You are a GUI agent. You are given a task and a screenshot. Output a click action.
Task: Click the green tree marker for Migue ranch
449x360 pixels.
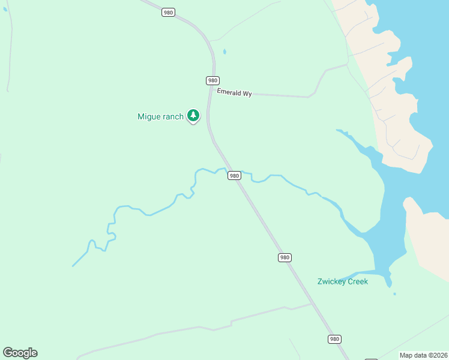pyautogui.click(x=193, y=115)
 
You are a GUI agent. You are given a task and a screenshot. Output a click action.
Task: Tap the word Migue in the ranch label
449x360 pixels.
pyautogui.click(x=149, y=117)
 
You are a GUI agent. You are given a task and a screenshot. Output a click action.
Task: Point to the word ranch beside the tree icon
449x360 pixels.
pyautogui.click(x=173, y=117)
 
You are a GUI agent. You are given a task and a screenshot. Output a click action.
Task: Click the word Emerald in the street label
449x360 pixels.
pyautogui.click(x=229, y=92)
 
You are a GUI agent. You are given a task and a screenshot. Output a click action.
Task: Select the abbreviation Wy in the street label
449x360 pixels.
pyautogui.click(x=247, y=94)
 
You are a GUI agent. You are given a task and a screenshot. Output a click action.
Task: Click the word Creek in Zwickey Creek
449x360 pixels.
pyautogui.click(x=358, y=281)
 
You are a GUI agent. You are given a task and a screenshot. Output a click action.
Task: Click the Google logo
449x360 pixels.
pyautogui.click(x=20, y=353)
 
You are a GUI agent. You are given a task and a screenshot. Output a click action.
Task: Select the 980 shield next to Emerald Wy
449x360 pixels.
pyautogui.click(x=212, y=80)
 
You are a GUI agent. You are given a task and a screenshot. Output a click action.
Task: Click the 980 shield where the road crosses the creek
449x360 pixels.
pyautogui.click(x=234, y=176)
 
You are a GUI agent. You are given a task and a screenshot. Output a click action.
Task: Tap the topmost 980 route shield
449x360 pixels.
pyautogui.click(x=169, y=12)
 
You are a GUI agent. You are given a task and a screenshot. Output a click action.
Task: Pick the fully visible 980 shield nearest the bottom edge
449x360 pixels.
pyautogui.click(x=335, y=339)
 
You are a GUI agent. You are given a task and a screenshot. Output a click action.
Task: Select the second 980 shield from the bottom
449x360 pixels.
pyautogui.click(x=285, y=257)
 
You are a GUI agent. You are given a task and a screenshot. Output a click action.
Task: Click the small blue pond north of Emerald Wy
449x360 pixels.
pyautogui.click(x=224, y=52)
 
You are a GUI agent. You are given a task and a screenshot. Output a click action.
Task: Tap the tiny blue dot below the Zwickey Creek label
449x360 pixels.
pyautogui.click(x=394, y=294)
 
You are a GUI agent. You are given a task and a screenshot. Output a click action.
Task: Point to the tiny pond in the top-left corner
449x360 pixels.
pyautogui.click(x=5, y=9)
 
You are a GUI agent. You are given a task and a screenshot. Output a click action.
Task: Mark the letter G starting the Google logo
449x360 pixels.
pyautogui.click(x=8, y=353)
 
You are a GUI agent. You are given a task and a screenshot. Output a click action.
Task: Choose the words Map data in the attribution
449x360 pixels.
pyautogui.click(x=412, y=355)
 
